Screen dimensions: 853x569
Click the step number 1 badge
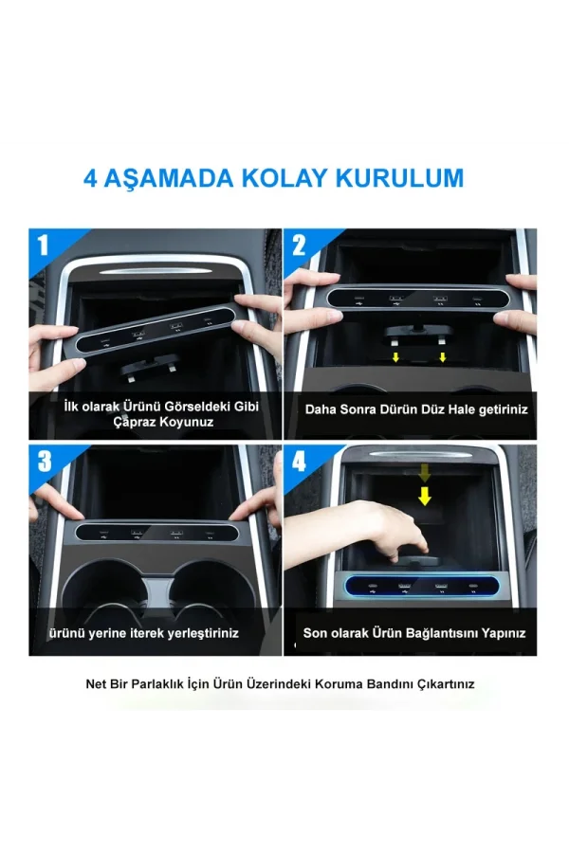click(x=43, y=246)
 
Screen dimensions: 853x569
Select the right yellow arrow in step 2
click(x=442, y=357)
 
